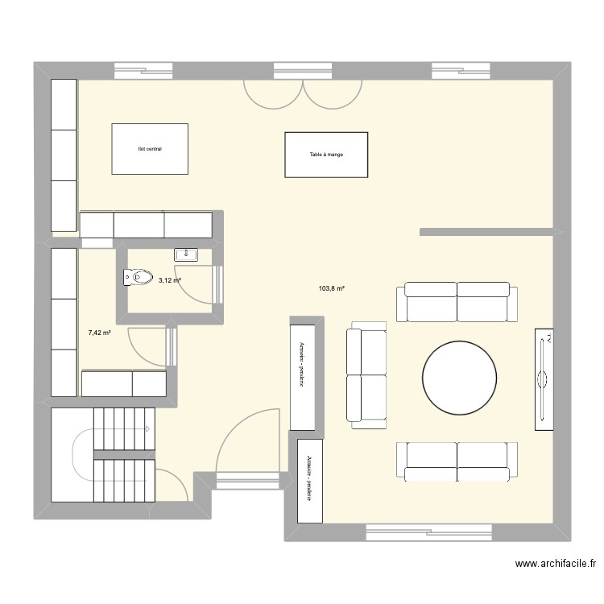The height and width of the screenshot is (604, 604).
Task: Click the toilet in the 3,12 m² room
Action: (138, 277)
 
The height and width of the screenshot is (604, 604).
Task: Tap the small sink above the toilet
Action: (186, 254)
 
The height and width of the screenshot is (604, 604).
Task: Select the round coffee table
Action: (459, 378)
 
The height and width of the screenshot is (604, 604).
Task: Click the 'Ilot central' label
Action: (150, 149)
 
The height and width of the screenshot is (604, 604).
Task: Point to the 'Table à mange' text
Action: (326, 155)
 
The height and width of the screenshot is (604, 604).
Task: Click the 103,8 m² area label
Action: (331, 288)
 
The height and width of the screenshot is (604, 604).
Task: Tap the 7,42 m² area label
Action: (100, 333)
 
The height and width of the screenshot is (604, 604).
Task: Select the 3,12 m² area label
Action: (170, 280)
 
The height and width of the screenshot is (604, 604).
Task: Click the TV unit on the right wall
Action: (544, 379)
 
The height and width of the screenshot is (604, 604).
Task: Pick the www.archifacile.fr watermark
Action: (556, 564)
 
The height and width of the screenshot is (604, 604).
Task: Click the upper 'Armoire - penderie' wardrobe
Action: (302, 378)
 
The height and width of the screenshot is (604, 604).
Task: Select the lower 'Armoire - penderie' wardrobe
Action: (310, 481)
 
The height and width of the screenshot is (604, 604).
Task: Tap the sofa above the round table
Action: (457, 302)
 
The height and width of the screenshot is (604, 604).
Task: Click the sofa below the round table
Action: (457, 462)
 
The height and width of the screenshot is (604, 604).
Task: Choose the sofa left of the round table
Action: (366, 374)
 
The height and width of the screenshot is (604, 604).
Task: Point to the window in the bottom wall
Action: (429, 532)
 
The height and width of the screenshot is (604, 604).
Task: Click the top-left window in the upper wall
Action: (143, 71)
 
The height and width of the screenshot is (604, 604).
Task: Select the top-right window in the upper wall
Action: (461, 71)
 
